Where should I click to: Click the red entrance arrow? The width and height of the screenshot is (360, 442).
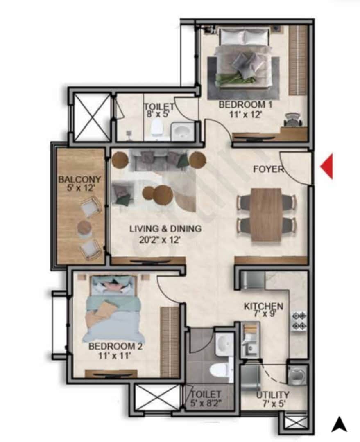point(327,166)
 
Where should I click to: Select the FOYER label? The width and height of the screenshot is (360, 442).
point(268,169)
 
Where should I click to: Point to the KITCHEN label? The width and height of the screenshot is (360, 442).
point(263,306)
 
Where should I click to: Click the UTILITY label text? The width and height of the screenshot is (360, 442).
point(272,395)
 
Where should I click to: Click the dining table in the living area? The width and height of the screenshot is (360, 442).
point(267,214)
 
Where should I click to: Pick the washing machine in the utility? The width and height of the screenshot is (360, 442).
point(296,374)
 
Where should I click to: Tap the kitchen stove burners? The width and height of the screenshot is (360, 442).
point(299,320)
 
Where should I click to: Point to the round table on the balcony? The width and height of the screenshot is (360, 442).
point(84,228)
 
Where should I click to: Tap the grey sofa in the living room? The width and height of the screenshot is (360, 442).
point(159,159)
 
